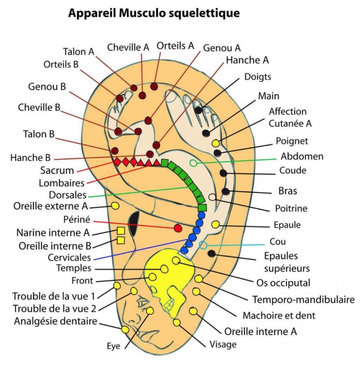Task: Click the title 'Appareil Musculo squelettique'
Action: click(x=154, y=14)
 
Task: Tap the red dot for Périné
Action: click(x=178, y=228)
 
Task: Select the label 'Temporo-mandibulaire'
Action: click(x=303, y=299)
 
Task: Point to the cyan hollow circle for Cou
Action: click(x=203, y=245)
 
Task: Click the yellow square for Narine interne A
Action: click(x=120, y=231)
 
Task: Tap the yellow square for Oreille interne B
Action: click(x=120, y=241)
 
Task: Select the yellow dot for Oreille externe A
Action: click(x=115, y=206)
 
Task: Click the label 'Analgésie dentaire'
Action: click(x=55, y=321)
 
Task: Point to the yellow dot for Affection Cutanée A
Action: click(x=216, y=143)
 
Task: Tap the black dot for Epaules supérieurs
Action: click(x=211, y=253)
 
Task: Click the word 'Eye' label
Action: click(x=114, y=346)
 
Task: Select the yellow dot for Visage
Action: click(x=177, y=322)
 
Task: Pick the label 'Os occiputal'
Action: click(x=283, y=283)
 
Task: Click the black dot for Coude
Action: click(x=223, y=173)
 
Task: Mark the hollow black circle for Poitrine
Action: click(x=212, y=197)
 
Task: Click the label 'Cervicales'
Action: click(x=69, y=257)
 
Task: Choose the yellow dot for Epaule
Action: click(x=216, y=224)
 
